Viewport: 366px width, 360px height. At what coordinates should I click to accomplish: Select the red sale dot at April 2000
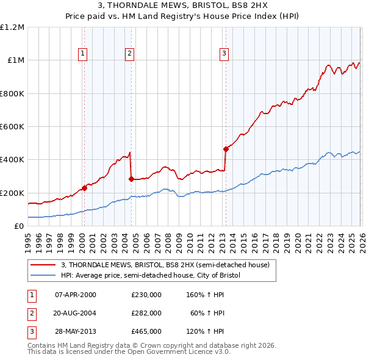[84, 188]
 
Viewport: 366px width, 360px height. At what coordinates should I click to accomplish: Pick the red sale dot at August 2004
[131, 179]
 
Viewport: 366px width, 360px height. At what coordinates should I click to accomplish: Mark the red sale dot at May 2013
[226, 148]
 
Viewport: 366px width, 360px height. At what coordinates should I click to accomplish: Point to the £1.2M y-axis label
[12, 27]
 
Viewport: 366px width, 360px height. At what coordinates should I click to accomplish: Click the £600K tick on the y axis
[12, 127]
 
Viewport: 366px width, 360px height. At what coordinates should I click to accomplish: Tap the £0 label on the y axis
[20, 226]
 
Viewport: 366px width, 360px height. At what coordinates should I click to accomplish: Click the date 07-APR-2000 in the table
[76, 294]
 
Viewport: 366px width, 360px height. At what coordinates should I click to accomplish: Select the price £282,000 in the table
[146, 313]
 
